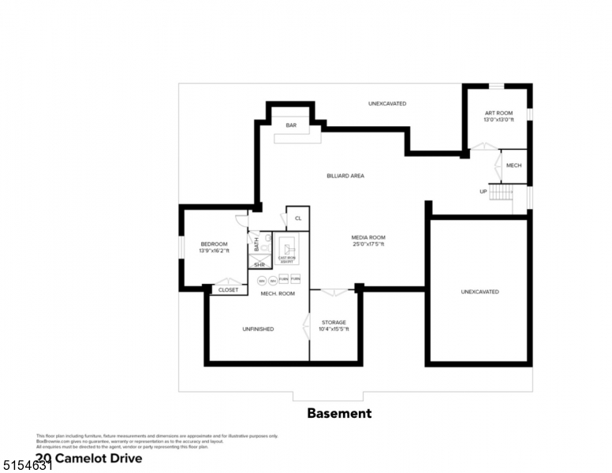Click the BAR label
tap(291, 125)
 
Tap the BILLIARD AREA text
tap(345, 176)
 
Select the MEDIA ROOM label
tap(368, 237)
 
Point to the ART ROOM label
tap(498, 114)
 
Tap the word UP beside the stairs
tap(483, 192)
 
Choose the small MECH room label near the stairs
tap(513, 166)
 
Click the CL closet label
tap(298, 218)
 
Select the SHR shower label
tap(259, 265)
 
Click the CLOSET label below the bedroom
tap(228, 290)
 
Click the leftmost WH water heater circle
tap(261, 280)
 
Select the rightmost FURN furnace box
tap(295, 280)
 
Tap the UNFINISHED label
tap(258, 329)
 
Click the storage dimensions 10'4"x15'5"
tap(334, 329)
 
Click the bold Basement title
tap(338, 413)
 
